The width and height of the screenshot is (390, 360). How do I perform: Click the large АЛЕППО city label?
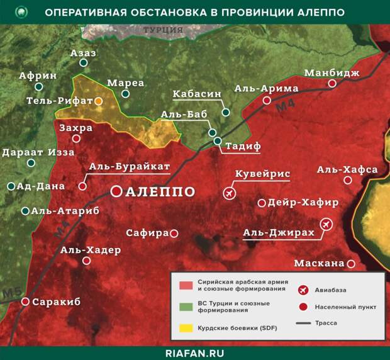(160, 192)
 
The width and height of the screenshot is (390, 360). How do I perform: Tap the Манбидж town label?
(332, 73)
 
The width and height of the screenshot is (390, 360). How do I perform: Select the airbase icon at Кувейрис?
(228, 192)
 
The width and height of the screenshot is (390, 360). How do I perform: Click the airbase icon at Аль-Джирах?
(326, 223)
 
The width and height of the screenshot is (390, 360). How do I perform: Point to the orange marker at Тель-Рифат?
(99, 101)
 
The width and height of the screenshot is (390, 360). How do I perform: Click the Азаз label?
(84, 53)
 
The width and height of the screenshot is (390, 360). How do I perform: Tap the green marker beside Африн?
(39, 87)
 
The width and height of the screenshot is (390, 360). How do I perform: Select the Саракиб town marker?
(25, 302)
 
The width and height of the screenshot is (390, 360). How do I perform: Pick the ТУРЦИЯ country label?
(163, 30)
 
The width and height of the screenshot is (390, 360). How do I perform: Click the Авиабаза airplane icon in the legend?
(304, 290)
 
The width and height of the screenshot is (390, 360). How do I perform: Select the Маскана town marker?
(351, 264)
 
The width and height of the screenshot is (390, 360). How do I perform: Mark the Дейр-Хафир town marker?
(262, 203)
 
